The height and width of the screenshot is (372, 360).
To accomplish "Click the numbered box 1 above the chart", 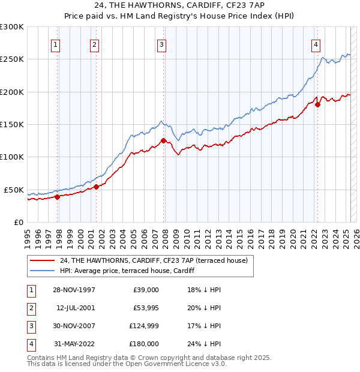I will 55,44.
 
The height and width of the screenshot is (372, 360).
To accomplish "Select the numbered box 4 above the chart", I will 316,44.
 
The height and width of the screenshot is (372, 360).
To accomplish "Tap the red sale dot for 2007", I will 163,141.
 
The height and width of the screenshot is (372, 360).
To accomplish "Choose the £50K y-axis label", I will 14,190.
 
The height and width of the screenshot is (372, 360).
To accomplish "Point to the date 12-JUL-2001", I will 74,308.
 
